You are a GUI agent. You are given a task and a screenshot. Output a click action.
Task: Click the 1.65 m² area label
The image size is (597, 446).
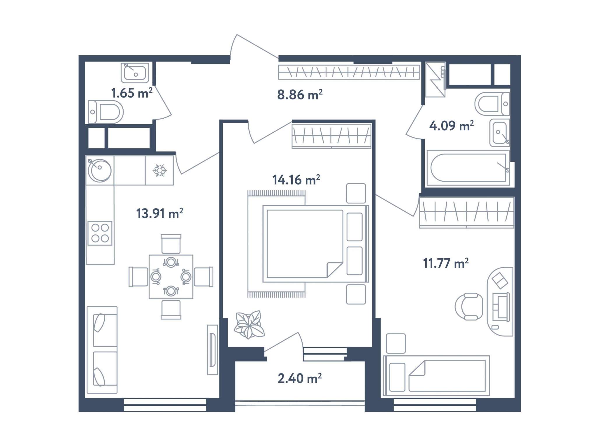[x=132, y=93]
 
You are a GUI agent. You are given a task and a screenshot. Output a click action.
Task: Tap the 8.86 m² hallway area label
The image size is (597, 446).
[x=300, y=95]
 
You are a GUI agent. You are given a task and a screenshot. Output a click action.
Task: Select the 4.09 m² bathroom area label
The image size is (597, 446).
[x=451, y=126]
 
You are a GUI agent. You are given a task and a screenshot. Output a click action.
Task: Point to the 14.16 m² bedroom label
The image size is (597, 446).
[x=296, y=180]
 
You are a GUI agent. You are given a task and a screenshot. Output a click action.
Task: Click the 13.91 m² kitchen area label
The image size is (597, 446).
[x=160, y=213]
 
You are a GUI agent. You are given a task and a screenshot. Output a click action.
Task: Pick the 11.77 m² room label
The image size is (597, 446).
[x=446, y=263]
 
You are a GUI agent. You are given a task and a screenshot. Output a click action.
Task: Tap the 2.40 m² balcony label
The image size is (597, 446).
[x=300, y=378]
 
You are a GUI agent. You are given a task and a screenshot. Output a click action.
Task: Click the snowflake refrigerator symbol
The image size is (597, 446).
[x=159, y=170]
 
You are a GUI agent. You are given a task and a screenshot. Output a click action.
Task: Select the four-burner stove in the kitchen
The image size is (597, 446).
[x=100, y=233]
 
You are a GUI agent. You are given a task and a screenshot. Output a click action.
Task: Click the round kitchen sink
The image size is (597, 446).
[x=99, y=170]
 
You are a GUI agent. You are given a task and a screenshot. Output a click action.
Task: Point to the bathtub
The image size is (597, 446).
[x=468, y=168]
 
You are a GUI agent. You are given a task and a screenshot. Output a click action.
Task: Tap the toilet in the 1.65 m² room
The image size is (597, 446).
[x=106, y=112]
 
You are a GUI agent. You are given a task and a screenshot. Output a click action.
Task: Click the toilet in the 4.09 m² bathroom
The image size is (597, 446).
[x=492, y=104]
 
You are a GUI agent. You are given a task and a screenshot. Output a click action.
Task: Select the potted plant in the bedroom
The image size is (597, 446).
[x=249, y=324]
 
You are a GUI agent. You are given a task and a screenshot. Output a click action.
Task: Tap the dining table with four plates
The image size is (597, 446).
[x=171, y=277]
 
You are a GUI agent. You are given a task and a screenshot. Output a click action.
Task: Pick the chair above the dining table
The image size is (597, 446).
[x=171, y=244]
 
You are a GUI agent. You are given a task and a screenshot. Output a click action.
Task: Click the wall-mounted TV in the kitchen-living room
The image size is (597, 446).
[x=213, y=350]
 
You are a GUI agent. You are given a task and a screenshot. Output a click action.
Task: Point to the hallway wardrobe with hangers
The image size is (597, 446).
[x=349, y=72]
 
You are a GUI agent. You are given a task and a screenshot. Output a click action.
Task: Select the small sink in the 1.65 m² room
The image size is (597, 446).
[x=135, y=73]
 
